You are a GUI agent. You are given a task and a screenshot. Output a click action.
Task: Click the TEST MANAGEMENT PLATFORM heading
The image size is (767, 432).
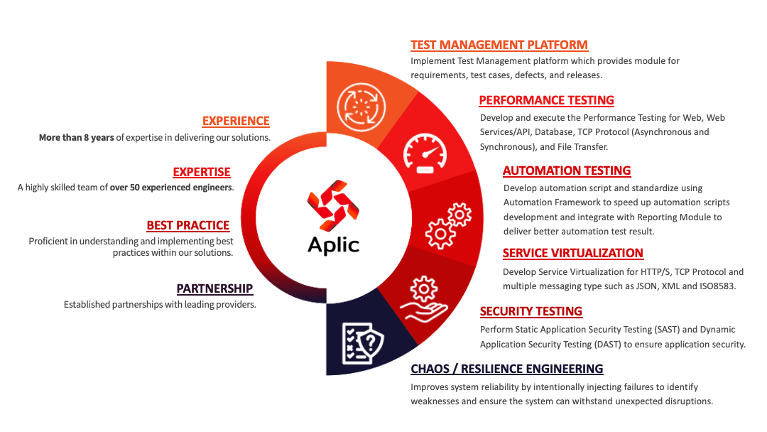click(x=499, y=45)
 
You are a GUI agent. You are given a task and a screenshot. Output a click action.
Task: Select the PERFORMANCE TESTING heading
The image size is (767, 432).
click(x=546, y=100)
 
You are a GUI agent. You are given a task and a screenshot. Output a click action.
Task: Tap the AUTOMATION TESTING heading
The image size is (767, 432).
click(x=567, y=171)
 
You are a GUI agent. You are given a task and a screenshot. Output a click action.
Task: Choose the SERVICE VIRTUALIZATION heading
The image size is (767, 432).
click(x=572, y=253)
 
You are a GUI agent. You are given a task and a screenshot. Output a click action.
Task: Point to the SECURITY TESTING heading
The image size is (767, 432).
click(x=531, y=311)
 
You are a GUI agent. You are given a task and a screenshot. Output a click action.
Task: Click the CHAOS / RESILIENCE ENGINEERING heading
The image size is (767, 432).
click(x=507, y=369)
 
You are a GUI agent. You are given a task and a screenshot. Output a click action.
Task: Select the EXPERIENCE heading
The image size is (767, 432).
click(x=236, y=121)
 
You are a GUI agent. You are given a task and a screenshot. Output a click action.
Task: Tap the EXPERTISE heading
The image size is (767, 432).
click(x=202, y=172)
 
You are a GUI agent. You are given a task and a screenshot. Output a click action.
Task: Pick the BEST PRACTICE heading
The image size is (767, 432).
click(x=188, y=225)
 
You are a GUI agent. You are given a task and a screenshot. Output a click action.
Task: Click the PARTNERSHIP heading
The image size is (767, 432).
click(x=214, y=288)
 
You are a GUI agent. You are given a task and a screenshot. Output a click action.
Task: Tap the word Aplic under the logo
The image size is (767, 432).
click(x=333, y=244)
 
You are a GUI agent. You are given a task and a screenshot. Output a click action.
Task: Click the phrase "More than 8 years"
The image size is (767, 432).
click(x=77, y=137)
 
